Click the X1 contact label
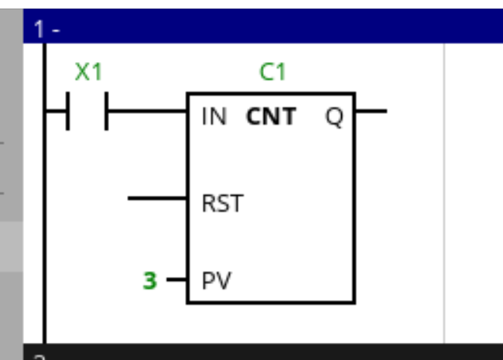pyautogui.click(x=88, y=72)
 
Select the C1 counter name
pyautogui.click(x=272, y=72)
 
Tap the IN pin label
pyautogui.click(x=214, y=117)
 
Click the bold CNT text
pyautogui.click(x=271, y=117)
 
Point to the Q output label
pyautogui.click(x=334, y=118)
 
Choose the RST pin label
pyautogui.click(x=222, y=204)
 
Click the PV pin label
pyautogui.click(x=216, y=279)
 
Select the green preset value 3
pyautogui.click(x=149, y=280)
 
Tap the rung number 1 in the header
pyautogui.click(x=39, y=30)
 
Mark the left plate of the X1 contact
pyautogui.click(x=68, y=111)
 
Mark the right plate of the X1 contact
pyautogui.click(x=106, y=111)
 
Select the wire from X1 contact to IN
pyautogui.click(x=147, y=111)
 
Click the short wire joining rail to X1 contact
pyautogui.click(x=56, y=111)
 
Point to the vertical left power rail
pyautogui.click(x=43, y=232)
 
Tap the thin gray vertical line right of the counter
pyautogui.click(x=444, y=194)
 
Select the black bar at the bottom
pyautogui.click(x=263, y=353)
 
